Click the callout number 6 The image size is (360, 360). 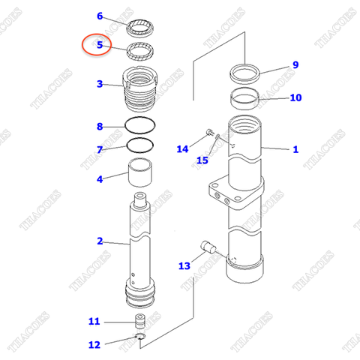pos(100,16)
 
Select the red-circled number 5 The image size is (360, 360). pos(99,45)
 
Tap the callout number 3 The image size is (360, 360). pos(99,84)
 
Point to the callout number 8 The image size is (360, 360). pos(99,126)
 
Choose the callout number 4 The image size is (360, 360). pos(99,178)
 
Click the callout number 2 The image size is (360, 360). pos(99,241)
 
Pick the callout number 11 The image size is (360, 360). pos(94,322)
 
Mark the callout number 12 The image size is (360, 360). pos(94,345)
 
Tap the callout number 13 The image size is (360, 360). pos(184,265)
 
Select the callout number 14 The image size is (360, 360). pos(182,148)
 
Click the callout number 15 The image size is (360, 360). pos(202,160)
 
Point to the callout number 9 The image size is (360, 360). pos(295,64)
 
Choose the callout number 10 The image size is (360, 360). pos(295,97)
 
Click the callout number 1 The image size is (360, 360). pos(295,149)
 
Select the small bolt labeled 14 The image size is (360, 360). pos(206,133)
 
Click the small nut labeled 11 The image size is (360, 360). pos(139,322)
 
